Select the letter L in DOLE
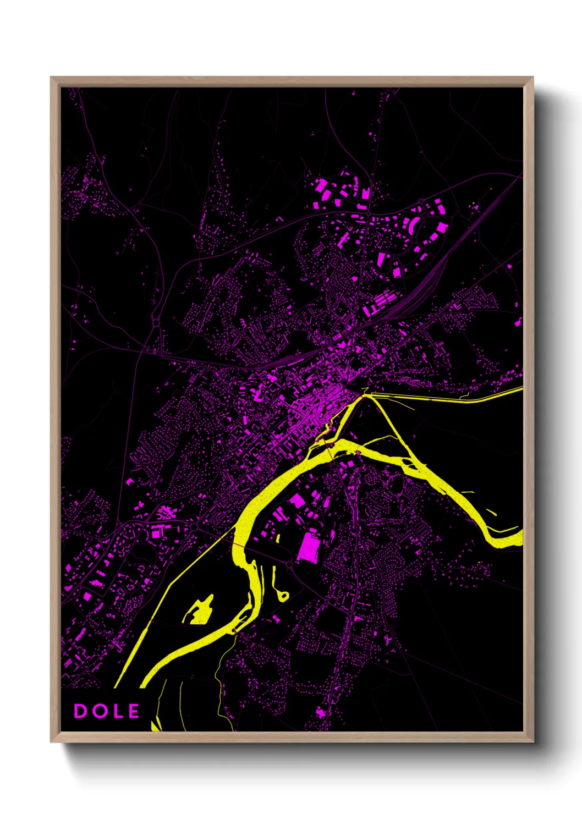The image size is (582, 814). click(x=117, y=711)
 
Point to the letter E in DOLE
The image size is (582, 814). click(x=133, y=711)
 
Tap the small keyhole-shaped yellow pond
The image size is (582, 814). click(x=283, y=595)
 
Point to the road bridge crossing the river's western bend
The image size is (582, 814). click(x=242, y=545)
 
